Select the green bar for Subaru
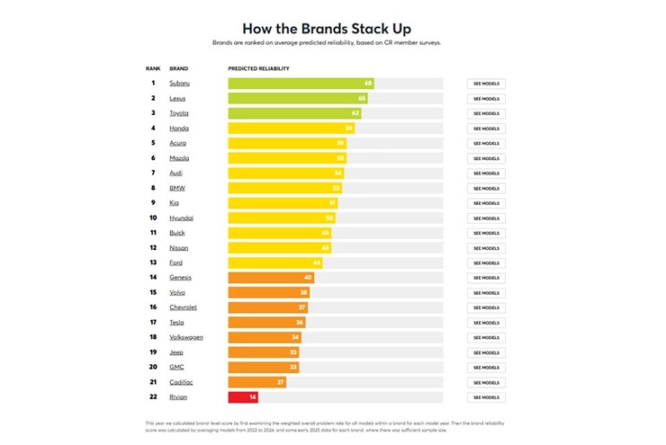pyautogui.click(x=301, y=84)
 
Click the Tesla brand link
pyautogui.click(x=177, y=322)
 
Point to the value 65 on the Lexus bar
pyautogui.click(x=362, y=98)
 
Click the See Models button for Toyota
pyautogui.click(x=486, y=113)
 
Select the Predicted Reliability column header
pyautogui.click(x=259, y=68)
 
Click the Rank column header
pyautogui.click(x=153, y=68)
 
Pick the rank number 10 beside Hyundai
pyautogui.click(x=153, y=218)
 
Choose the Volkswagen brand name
pyautogui.click(x=185, y=337)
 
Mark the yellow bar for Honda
pyautogui.click(x=291, y=129)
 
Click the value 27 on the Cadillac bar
pyautogui.click(x=281, y=382)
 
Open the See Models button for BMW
pyautogui.click(x=486, y=188)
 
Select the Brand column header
pyautogui.click(x=180, y=68)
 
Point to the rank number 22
pyautogui.click(x=153, y=396)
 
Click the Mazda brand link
pyautogui.click(x=179, y=158)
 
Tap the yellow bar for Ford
pyautogui.click(x=274, y=263)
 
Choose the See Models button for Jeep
pyautogui.click(x=486, y=352)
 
